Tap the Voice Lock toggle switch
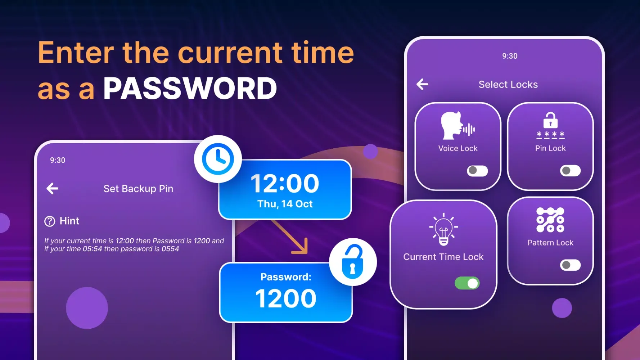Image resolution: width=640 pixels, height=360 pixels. coord(477,171)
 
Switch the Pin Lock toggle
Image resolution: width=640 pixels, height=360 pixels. coord(570,171)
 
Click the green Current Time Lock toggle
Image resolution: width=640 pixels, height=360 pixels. coord(467,283)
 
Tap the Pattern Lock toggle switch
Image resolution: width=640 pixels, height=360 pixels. coord(570,265)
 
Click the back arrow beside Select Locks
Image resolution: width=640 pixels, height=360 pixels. coord(422,84)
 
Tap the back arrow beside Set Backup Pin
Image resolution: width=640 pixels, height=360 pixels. coord(53,188)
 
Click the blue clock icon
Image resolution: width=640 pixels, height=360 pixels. coord(218,159)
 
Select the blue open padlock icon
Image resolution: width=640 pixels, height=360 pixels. coord(352,262)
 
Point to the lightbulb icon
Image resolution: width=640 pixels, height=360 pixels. coord(443,229)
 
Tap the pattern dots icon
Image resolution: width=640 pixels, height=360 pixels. coord(550,220)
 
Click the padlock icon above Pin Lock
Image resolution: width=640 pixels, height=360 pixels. coord(550,120)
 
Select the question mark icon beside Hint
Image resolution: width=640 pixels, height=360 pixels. coord(50,221)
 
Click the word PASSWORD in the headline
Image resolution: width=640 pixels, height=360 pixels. coord(190,89)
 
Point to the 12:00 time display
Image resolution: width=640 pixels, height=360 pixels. coord(285,184)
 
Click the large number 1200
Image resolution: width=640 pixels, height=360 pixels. coord(286,298)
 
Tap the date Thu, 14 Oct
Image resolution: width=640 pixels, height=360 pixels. coord(285,204)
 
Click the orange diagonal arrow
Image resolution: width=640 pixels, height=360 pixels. coord(290,237)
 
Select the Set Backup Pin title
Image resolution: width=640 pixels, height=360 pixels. coord(138,189)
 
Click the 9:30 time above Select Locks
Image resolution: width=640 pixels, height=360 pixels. coord(510,56)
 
